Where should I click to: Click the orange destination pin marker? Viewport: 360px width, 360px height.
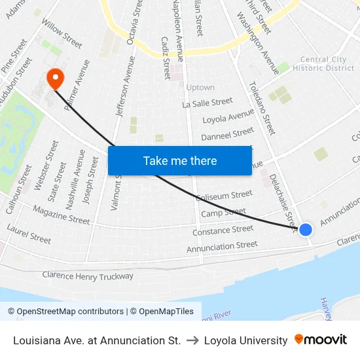pyautogui.click(x=55, y=79)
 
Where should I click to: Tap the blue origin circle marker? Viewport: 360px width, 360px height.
pyautogui.click(x=305, y=229)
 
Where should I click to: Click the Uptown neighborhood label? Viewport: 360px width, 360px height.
pyautogui.click(x=200, y=87)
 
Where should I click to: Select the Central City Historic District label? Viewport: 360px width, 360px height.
pyautogui.click(x=323, y=63)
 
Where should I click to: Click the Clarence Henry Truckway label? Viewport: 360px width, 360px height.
pyautogui.click(x=87, y=276)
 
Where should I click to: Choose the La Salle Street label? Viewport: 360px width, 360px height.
pyautogui.click(x=207, y=103)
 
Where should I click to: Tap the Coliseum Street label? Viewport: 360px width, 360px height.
pyautogui.click(x=225, y=195)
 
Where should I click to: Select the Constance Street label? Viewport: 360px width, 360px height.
pyautogui.click(x=223, y=230)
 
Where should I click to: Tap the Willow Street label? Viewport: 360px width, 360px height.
pyautogui.click(x=62, y=33)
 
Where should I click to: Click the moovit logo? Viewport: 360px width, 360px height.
pyautogui.click(x=320, y=340)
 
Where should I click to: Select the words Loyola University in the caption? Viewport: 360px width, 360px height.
pyautogui.click(x=245, y=340)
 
